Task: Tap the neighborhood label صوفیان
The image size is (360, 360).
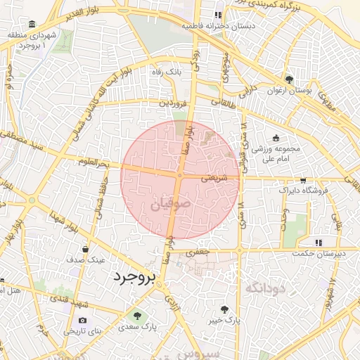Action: point(170,205)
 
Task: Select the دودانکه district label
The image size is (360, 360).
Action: point(264,287)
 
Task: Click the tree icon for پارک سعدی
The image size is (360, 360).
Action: point(136,315)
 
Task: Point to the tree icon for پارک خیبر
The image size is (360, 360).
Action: point(224,309)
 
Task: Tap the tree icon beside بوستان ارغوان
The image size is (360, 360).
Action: point(289,79)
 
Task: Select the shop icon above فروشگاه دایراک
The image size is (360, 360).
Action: point(302,180)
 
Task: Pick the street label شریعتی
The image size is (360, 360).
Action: point(215,179)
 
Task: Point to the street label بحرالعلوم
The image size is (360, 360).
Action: point(94,163)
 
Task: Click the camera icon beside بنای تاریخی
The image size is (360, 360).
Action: point(83,321)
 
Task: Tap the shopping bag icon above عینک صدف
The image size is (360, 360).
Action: point(86,249)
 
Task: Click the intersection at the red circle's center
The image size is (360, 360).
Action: point(180,176)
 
